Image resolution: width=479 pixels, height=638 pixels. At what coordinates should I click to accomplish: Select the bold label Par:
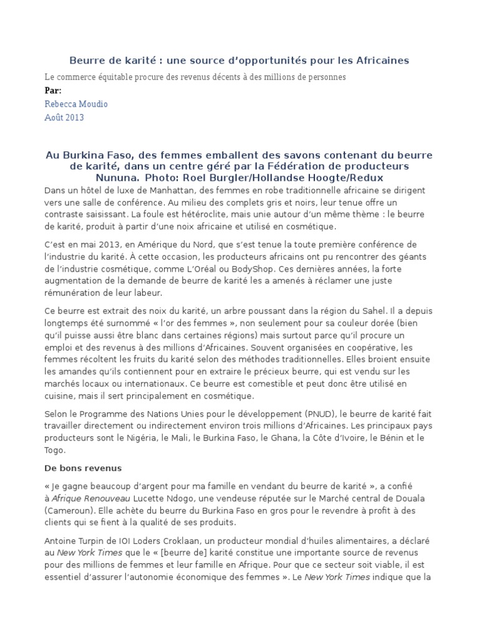53,91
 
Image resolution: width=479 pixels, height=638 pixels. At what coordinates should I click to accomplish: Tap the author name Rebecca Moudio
76,104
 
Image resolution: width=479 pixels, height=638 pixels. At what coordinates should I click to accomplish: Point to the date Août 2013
65,117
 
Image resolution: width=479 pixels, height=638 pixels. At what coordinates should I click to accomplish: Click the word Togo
54,450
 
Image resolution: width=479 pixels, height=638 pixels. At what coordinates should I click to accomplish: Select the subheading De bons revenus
83,468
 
